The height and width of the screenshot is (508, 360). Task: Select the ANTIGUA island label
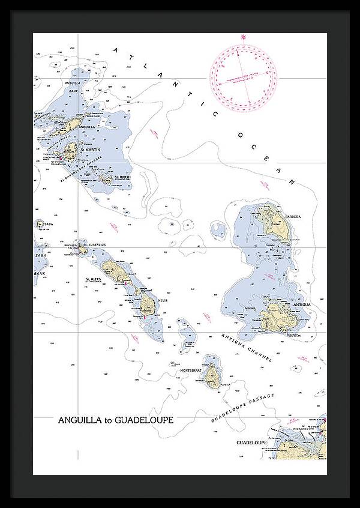(x=301, y=305)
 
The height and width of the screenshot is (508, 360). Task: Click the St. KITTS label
(x=94, y=279)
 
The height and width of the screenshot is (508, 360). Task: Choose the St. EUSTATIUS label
(x=94, y=244)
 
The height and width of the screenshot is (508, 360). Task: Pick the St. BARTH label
(x=122, y=177)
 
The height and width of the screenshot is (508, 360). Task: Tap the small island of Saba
(x=40, y=225)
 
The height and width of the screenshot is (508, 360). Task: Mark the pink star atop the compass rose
(x=244, y=37)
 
